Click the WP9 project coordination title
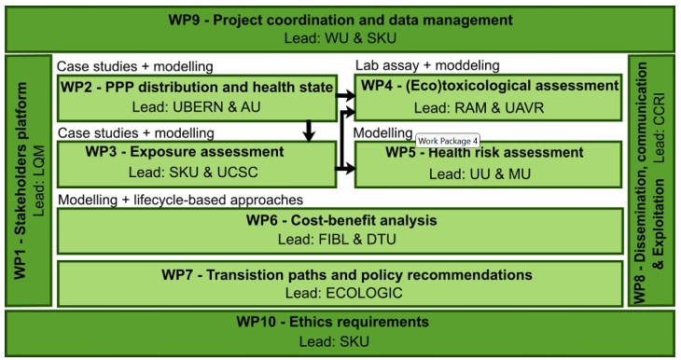point(340,19)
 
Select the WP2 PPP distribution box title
point(197,87)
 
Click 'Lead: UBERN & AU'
point(197,107)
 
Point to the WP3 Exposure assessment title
point(197,151)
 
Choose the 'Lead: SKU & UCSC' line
point(197,172)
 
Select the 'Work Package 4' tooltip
point(448,140)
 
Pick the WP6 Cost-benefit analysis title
point(340,221)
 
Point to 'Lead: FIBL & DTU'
point(340,240)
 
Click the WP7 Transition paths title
point(340,275)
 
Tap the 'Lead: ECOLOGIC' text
point(340,294)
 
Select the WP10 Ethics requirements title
point(340,323)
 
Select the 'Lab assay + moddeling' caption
point(427,65)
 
